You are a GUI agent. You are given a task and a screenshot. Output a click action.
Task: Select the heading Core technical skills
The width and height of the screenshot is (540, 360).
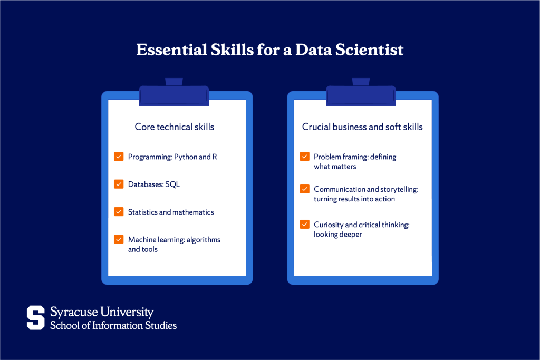click(175, 127)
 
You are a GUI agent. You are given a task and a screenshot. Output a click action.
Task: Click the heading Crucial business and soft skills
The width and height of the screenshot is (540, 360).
click(362, 127)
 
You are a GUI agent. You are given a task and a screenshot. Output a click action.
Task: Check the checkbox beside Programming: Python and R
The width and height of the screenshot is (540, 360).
click(119, 157)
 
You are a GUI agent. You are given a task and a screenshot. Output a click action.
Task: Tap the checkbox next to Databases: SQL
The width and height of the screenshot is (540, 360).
click(119, 184)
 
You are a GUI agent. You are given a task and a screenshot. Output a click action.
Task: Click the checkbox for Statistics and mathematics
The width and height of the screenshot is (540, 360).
click(119, 212)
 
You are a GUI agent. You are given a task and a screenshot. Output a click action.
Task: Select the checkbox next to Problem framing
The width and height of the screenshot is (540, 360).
click(305, 157)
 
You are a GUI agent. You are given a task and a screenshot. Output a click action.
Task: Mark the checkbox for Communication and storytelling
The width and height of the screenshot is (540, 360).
click(305, 189)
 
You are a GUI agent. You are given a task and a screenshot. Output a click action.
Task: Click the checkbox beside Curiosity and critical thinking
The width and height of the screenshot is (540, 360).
click(305, 225)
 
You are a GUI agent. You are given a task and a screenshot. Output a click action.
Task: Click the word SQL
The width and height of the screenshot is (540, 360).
click(172, 184)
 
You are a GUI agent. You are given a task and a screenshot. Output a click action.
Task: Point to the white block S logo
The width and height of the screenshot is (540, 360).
click(36, 317)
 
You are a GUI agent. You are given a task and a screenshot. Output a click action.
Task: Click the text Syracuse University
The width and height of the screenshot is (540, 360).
click(102, 312)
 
